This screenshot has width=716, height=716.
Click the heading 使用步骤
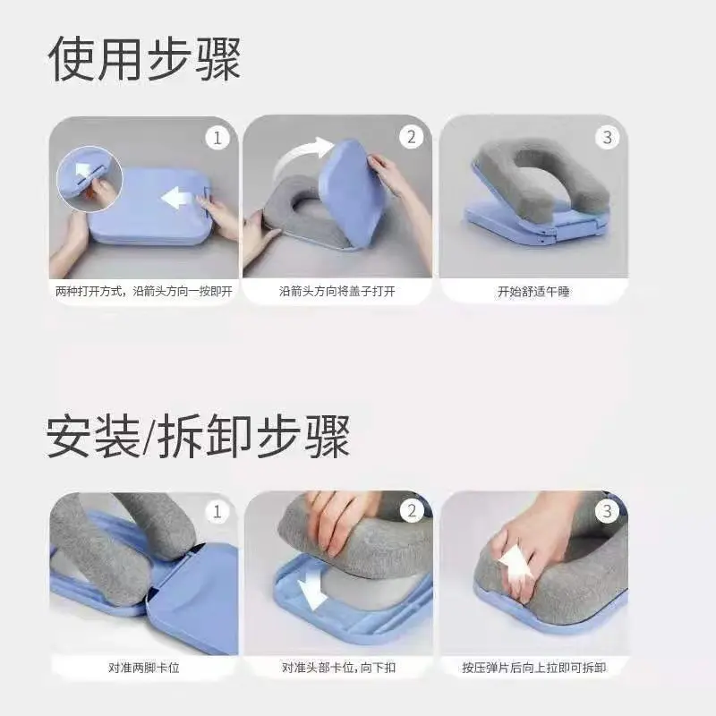click(144, 60)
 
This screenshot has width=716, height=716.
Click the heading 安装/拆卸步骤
click(198, 435)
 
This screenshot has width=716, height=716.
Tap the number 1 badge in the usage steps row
click(217, 138)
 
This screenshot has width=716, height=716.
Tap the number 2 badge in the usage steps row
click(411, 138)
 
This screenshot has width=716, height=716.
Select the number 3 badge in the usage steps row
click(607, 138)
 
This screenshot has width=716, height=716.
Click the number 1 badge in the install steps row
click(217, 512)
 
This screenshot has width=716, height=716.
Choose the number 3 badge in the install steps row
click(607, 512)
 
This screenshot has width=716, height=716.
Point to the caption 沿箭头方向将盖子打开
click(337, 292)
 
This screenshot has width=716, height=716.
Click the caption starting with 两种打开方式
click(143, 292)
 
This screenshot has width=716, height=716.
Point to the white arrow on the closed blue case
click(179, 197)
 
